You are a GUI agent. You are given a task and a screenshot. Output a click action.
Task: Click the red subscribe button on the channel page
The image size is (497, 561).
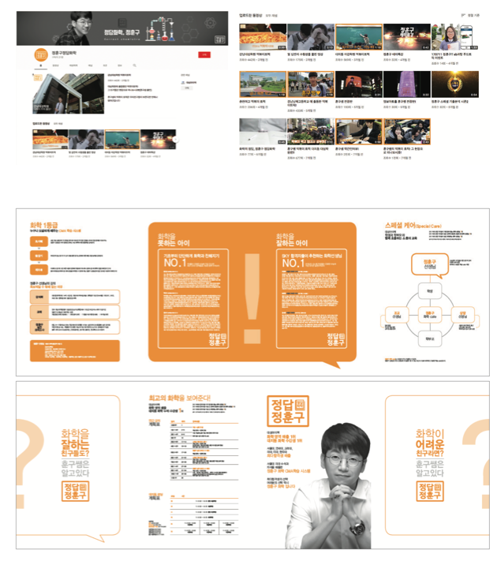tap(205, 54)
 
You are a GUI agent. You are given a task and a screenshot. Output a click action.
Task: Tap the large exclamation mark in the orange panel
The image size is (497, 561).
tap(252, 296)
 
